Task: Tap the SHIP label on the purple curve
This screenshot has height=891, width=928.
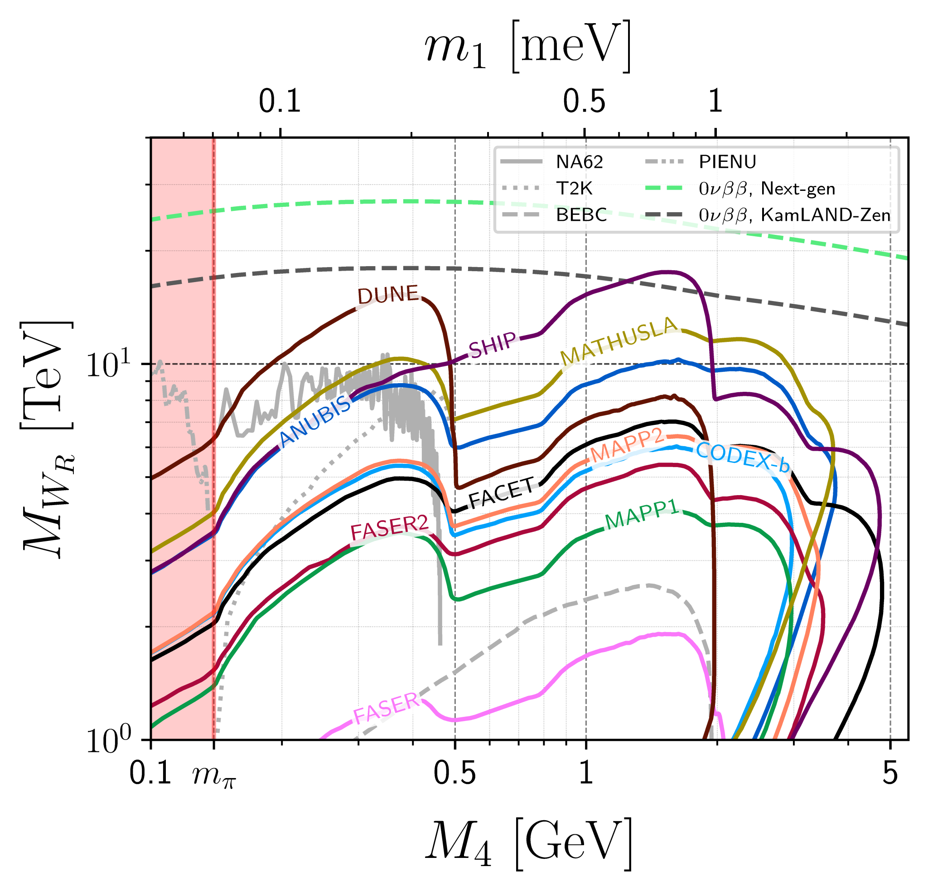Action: point(493,344)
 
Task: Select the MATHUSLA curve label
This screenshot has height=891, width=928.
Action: point(619,340)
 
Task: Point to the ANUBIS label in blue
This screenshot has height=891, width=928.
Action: point(315,421)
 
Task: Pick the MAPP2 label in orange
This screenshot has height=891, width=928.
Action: point(625,447)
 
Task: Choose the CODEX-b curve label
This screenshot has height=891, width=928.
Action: point(742,457)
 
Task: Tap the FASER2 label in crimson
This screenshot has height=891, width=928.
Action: point(389,527)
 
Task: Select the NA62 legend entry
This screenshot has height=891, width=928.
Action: point(579,162)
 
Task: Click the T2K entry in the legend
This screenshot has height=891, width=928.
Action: point(574,189)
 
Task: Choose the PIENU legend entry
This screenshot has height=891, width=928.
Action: point(727,162)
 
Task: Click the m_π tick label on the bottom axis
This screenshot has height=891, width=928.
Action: point(213,775)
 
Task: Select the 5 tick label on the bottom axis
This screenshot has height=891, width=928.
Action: point(890,774)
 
